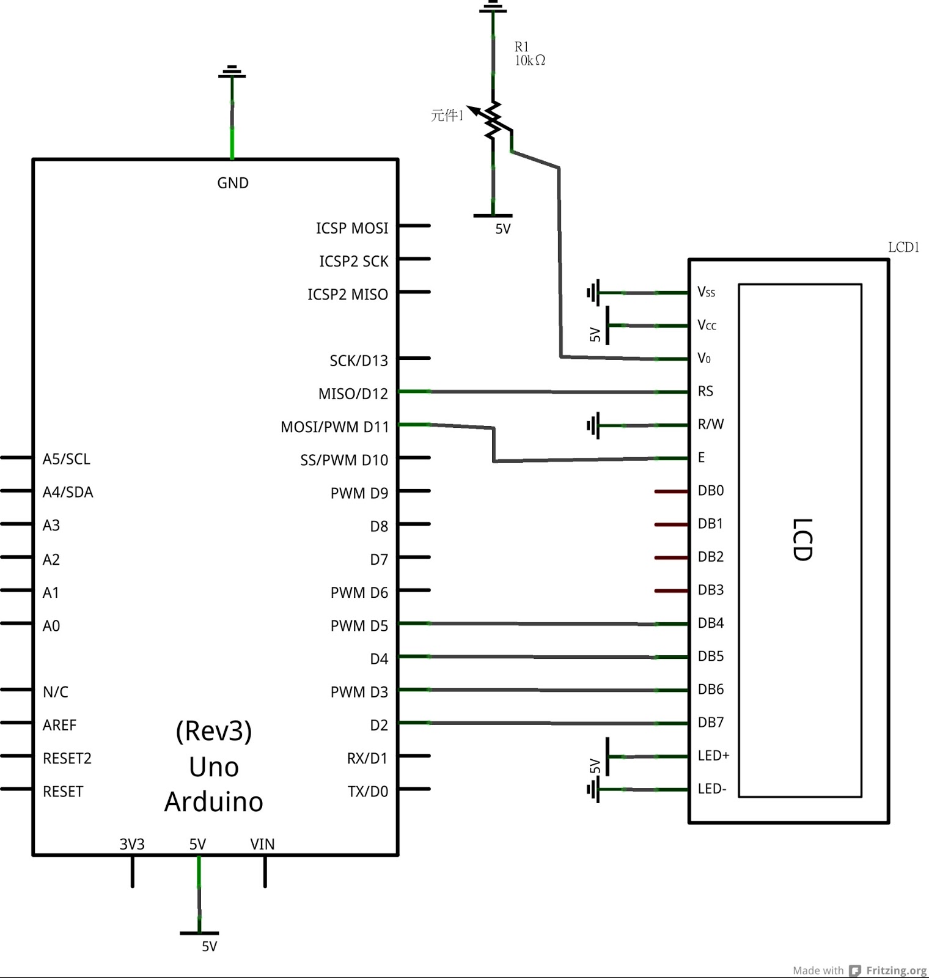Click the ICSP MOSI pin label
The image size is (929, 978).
352,228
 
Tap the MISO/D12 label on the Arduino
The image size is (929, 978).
353,394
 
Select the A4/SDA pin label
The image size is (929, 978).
68,492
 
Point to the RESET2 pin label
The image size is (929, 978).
67,759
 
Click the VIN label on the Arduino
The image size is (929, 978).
262,844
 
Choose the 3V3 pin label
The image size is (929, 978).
132,844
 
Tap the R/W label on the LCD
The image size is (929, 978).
711,424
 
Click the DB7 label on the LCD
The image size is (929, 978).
711,722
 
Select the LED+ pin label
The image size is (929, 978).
713,756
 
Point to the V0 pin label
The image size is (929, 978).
704,358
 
